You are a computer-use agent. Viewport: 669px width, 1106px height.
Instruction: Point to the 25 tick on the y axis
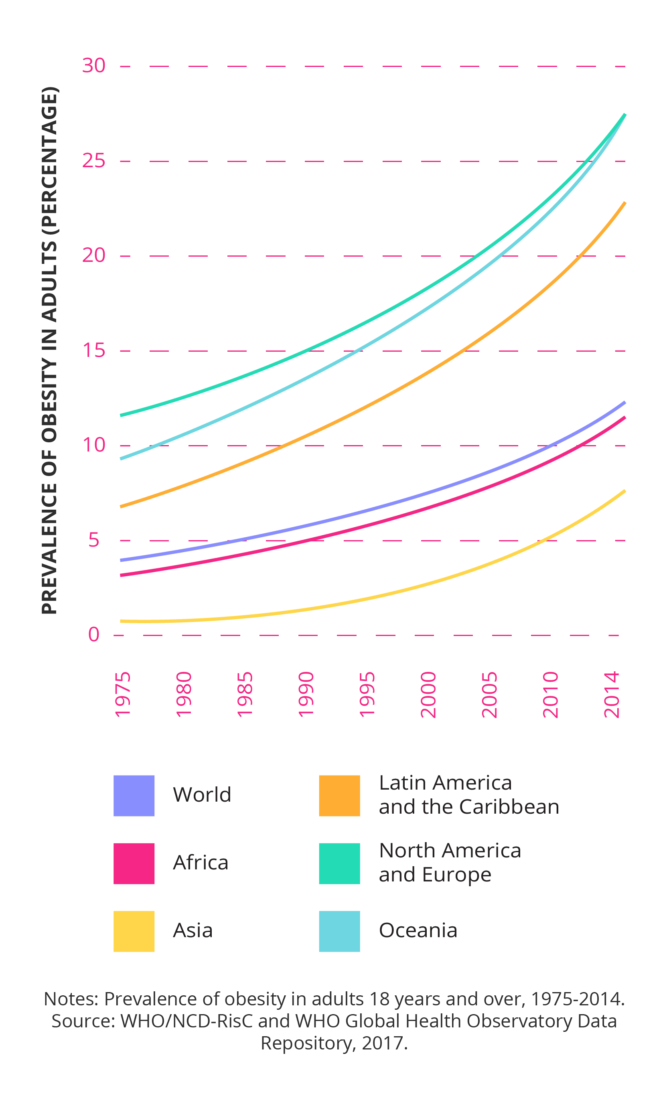tap(93, 161)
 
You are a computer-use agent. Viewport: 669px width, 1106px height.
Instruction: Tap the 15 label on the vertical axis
tap(93, 350)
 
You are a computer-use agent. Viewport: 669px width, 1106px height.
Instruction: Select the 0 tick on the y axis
tap(93, 635)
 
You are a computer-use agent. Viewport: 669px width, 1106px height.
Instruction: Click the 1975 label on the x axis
tap(123, 695)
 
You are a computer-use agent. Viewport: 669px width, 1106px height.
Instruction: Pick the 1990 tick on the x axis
tap(306, 695)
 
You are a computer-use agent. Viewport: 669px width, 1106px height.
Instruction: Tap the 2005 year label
tap(489, 695)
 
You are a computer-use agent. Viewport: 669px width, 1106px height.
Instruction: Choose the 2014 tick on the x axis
tap(612, 695)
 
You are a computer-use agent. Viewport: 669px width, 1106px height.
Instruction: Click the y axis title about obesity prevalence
tap(49, 350)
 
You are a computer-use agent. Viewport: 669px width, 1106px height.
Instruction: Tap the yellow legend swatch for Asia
tap(134, 931)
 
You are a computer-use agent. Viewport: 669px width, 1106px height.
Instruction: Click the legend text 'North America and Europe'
tap(450, 863)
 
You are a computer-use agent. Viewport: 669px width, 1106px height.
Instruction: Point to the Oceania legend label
tap(418, 930)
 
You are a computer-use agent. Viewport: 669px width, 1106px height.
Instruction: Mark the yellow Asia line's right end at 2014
tap(624, 491)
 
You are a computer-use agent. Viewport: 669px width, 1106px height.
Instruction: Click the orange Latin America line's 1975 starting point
tap(121, 507)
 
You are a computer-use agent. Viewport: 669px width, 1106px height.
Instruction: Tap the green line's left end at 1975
tap(121, 415)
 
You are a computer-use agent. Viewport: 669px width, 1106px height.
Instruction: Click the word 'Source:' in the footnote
tap(83, 1021)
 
